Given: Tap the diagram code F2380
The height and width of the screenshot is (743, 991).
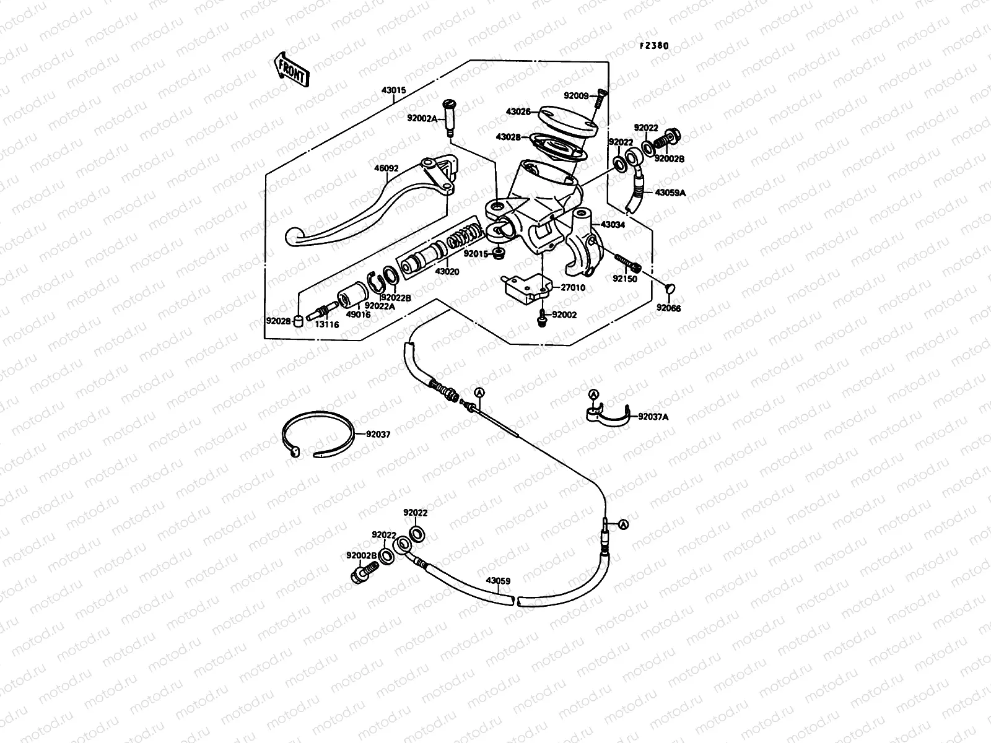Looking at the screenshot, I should (x=650, y=45).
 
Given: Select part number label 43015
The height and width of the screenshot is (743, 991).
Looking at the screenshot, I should (x=393, y=90).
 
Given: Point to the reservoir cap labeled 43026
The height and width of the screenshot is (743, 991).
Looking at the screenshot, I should (x=567, y=121).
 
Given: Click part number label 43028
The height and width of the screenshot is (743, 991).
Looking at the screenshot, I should (x=508, y=136).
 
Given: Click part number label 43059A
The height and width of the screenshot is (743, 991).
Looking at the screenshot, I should (x=671, y=193).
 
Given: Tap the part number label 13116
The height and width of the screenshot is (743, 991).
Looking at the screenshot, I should (x=327, y=324).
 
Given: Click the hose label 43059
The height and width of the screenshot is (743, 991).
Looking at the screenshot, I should (x=498, y=581).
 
